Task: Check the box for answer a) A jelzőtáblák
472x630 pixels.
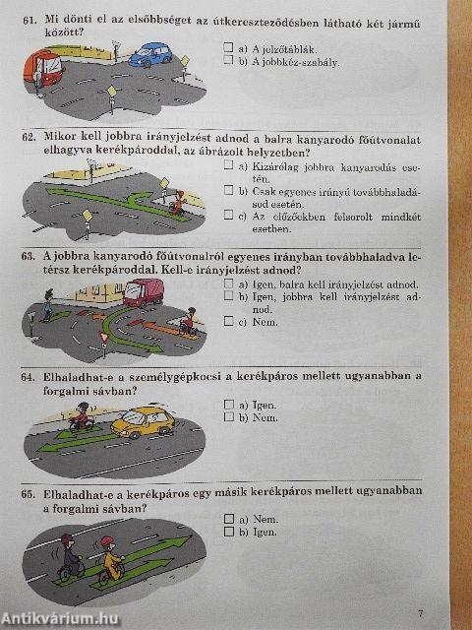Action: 228,46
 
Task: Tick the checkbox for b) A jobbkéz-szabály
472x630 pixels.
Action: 228,61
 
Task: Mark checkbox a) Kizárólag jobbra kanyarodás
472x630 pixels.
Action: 228,166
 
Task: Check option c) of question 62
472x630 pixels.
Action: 228,216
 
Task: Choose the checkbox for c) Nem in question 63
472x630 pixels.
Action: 228,321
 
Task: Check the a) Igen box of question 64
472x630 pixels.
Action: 228,405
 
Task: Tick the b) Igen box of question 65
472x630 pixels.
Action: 228,532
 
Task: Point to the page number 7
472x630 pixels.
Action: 420,613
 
